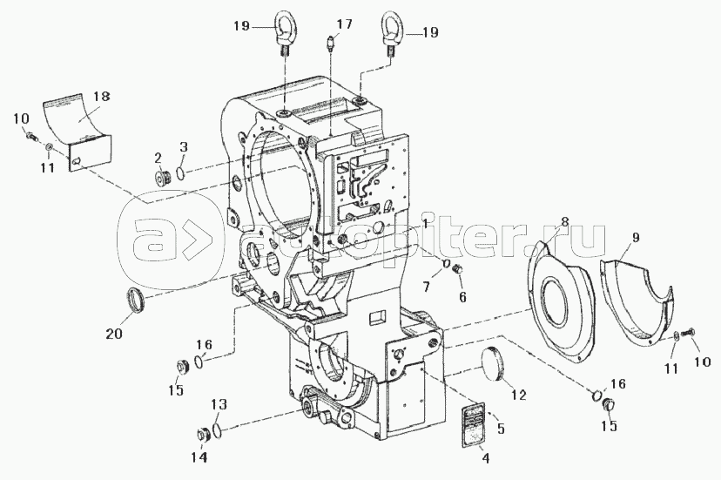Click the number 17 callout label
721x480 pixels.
345,24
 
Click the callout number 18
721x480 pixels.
102,96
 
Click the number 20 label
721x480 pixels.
114,333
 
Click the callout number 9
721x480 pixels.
636,238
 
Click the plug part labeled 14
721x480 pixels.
202,434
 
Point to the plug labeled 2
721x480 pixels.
162,176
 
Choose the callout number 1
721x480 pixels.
425,224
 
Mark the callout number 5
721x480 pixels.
501,429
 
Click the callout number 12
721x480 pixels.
518,395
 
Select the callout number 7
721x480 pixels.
427,287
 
